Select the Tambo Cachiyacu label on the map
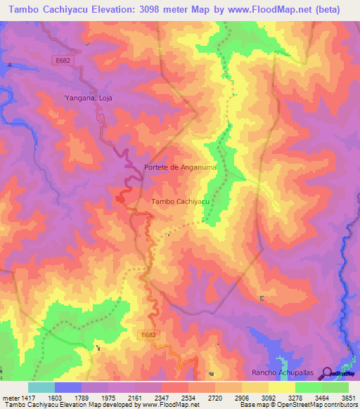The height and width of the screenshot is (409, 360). point(181,202)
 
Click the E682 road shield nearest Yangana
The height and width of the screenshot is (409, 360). point(63,61)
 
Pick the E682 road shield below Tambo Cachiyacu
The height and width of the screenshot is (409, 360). point(148,335)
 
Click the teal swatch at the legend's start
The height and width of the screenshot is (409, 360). point(41,387)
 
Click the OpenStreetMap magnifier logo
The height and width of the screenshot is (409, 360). point(327,373)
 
